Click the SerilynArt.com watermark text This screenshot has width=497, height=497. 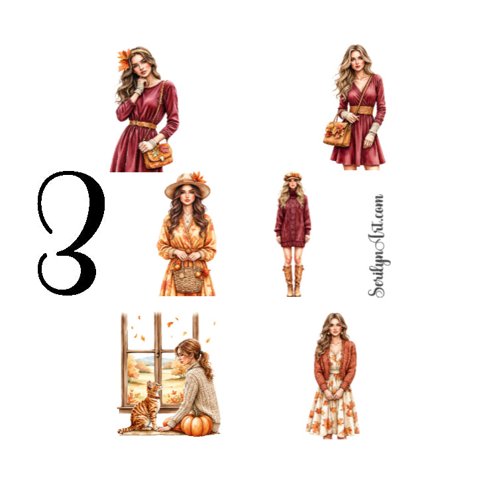(379, 246)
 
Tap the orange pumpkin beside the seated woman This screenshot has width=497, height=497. (196, 424)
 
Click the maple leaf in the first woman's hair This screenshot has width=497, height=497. (124, 60)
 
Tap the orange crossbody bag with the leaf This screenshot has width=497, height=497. (158, 156)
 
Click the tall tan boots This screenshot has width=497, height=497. (294, 281)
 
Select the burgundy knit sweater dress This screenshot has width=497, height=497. (292, 219)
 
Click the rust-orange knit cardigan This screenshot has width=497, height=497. (335, 364)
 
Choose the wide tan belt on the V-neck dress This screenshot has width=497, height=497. (361, 110)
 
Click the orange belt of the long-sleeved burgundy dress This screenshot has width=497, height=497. (142, 125)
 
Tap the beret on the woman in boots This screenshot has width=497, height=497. (292, 176)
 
